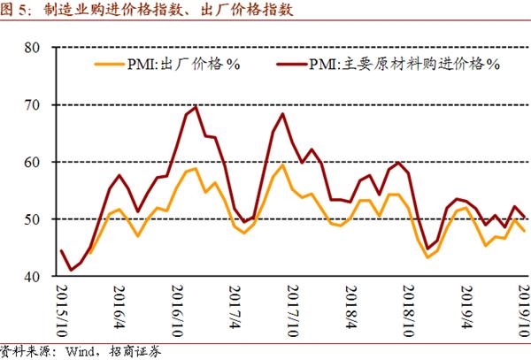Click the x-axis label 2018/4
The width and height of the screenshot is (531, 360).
(348, 306)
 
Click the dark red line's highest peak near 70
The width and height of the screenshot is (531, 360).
(195, 107)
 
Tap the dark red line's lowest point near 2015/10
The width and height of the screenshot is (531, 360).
(71, 270)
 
